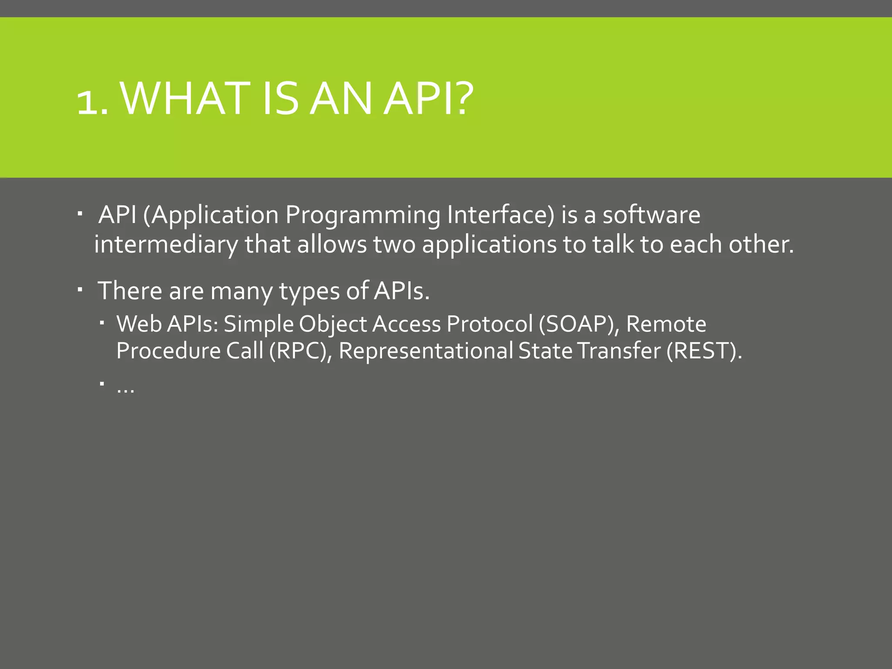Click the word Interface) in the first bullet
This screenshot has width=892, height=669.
pyautogui.click(x=501, y=215)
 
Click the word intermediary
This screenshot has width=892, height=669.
pyautogui.click(x=166, y=245)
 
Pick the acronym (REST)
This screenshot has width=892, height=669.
pyautogui.click(x=703, y=351)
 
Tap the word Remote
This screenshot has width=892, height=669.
pyautogui.click(x=666, y=324)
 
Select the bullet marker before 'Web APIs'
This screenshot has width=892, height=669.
pyautogui.click(x=101, y=323)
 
